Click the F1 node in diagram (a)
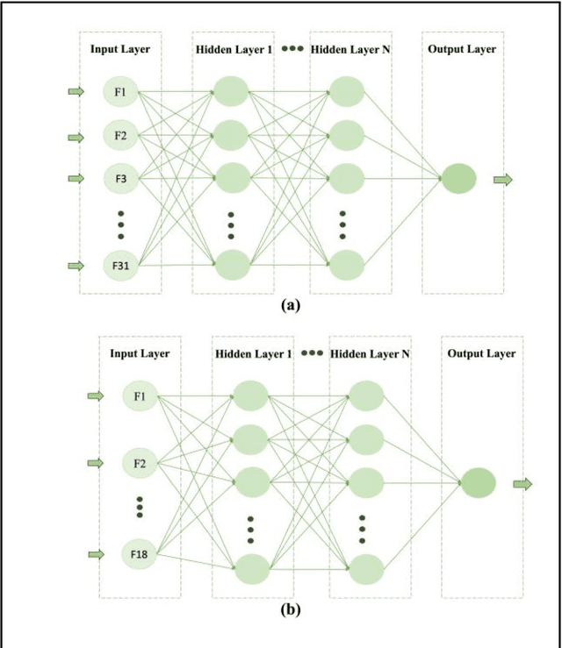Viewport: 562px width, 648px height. tap(120, 91)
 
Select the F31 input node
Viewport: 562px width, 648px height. tap(120, 265)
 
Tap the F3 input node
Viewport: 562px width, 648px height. tap(120, 178)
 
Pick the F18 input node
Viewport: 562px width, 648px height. tap(140, 553)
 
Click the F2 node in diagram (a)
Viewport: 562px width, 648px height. tap(120, 136)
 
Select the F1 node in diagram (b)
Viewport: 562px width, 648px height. tap(140, 396)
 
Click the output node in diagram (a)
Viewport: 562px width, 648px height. tap(458, 179)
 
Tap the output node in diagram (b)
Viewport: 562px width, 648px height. tap(479, 482)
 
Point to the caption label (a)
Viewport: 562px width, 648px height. tap(290, 306)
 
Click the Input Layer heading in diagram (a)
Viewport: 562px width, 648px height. tap(120, 49)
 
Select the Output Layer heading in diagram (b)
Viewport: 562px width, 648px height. tap(481, 353)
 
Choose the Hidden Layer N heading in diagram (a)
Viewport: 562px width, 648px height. tap(351, 49)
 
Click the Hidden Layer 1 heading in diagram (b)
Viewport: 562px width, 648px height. tap(253, 353)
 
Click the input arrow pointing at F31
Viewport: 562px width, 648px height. tap(76, 266)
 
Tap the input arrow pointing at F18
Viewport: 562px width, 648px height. tap(96, 553)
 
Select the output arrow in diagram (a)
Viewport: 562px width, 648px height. tap(502, 179)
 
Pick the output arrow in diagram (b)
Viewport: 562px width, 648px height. tap(522, 483)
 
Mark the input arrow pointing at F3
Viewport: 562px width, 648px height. tap(76, 178)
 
